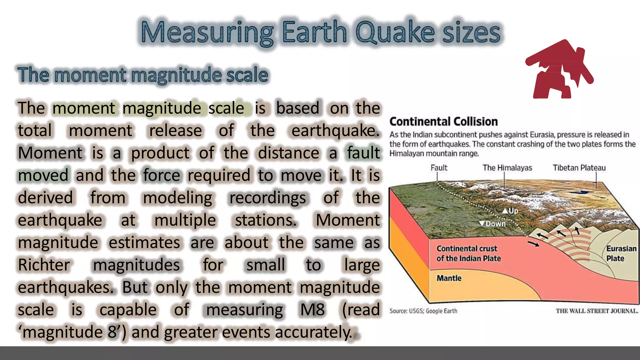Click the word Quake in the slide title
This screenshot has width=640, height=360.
pos(395,32)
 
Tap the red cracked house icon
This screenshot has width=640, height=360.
pos(559,70)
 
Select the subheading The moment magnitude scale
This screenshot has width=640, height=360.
pos(143,75)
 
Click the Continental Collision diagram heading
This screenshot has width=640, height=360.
pos(443,122)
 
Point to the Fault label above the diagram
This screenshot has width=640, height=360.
pos(439,168)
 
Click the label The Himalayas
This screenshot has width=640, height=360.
pos(507,168)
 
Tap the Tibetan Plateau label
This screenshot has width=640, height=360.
pos(579,168)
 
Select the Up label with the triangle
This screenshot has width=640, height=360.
pos(511,211)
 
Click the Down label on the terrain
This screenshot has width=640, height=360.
pos(493,224)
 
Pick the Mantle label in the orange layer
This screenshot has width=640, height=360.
pos(449,278)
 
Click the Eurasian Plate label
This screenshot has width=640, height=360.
pos(621,253)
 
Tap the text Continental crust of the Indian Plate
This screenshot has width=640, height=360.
pos(468,253)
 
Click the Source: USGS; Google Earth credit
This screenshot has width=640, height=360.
pos(423,311)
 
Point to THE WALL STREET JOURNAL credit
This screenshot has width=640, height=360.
pos(597,311)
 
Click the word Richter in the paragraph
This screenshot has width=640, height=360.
pos(44,265)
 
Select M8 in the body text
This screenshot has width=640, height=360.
pos(312,310)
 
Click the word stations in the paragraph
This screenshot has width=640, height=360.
pos(265,220)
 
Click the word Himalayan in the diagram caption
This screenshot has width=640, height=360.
pos(407,154)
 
